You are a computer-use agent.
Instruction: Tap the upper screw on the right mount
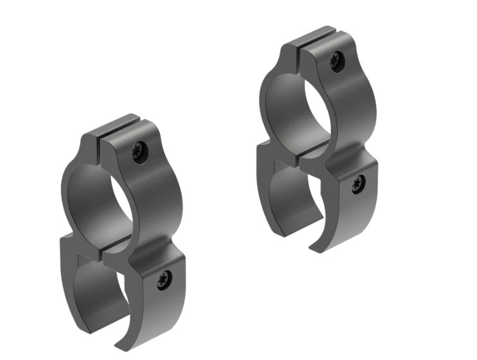pyautogui.click(x=336, y=62)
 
